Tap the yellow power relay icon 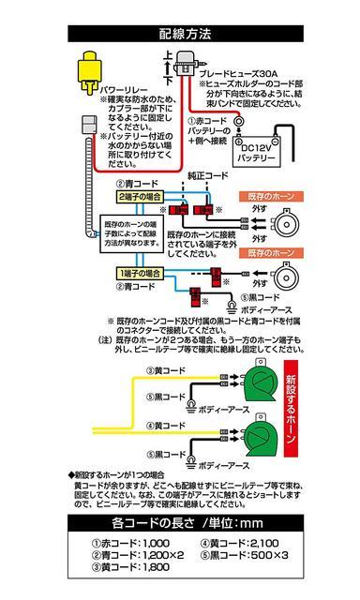tap(93, 66)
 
